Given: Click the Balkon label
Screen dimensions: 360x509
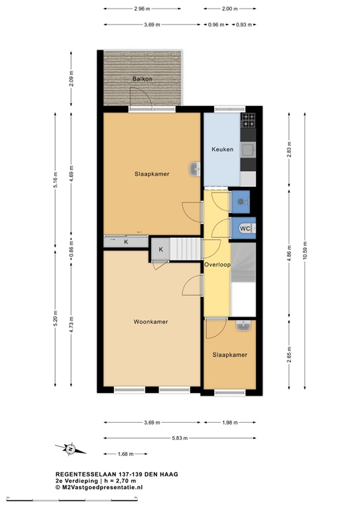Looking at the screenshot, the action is pos(142,79).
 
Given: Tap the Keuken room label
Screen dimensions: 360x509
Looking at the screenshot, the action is pos(222,149).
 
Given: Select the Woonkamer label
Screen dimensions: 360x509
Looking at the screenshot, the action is pos(150,321).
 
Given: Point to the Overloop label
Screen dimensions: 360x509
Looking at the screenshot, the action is pos(217,264).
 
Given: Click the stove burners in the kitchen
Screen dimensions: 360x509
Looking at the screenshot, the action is pos(249,120).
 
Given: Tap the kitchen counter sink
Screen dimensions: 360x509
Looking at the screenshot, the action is pos(249,149).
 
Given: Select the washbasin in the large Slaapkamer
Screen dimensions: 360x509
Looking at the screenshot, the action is pos(195,169).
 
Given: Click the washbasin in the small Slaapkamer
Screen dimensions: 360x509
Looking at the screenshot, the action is pos(243,326).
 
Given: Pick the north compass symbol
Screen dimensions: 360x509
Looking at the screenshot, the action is pos(70,449).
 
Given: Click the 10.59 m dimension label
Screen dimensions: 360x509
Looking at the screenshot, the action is pos(304,251).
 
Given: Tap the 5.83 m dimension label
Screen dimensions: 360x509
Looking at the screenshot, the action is pos(180,438).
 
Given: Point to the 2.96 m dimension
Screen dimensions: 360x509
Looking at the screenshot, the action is pos(142,9).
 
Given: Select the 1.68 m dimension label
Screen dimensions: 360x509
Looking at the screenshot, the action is pos(125,454).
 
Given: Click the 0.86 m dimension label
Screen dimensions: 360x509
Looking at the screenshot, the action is pos(72,248).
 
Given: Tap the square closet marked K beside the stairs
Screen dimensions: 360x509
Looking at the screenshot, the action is pos(160,249).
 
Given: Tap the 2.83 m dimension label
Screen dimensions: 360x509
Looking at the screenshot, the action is pos(289,149).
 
